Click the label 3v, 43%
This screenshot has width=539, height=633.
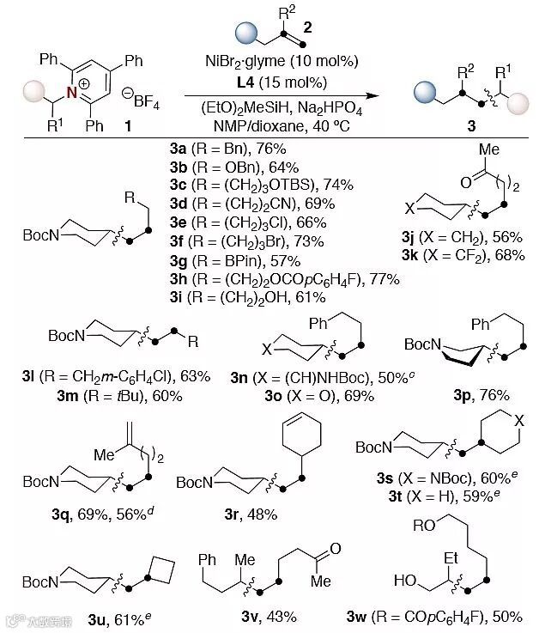tap(268, 616)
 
